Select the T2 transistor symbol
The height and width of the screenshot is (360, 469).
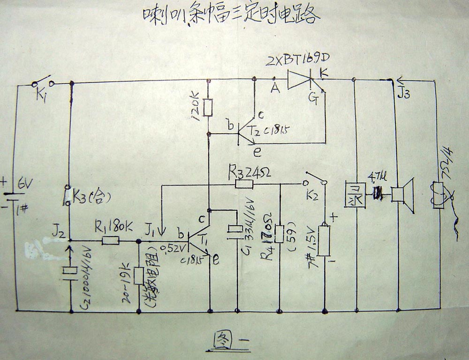(244, 133)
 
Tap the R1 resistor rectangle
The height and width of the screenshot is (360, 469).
(111, 241)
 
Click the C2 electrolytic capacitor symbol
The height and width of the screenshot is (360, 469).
(71, 271)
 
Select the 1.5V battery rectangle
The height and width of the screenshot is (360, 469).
(324, 241)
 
